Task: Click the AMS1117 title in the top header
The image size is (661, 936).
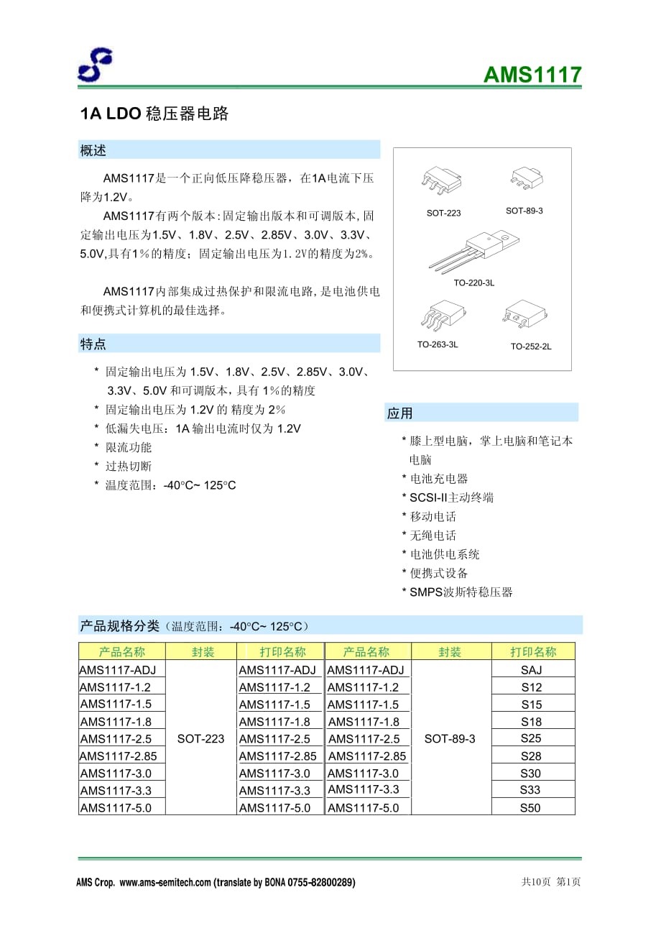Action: pyautogui.click(x=532, y=75)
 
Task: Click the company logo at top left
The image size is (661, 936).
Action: pyautogui.click(x=95, y=65)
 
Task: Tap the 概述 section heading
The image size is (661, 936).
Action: pyautogui.click(x=93, y=150)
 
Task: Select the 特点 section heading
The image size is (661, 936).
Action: pyautogui.click(x=93, y=344)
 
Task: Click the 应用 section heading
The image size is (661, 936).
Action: pyautogui.click(x=400, y=413)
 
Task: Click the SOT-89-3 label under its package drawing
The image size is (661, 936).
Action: pyautogui.click(x=524, y=211)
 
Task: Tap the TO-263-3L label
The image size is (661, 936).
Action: pyautogui.click(x=438, y=344)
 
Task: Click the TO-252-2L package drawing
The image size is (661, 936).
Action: pyautogui.click(x=524, y=316)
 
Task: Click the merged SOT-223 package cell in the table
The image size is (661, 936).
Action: pyautogui.click(x=200, y=738)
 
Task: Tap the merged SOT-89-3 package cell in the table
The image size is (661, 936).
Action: pyautogui.click(x=450, y=738)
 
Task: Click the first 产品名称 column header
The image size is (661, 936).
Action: pyautogui.click(x=121, y=652)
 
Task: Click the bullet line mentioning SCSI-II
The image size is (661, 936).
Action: pyautogui.click(x=451, y=497)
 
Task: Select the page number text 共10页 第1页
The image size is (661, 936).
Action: pyautogui.click(x=550, y=882)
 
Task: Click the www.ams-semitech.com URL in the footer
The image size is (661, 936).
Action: pyautogui.click(x=165, y=882)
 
